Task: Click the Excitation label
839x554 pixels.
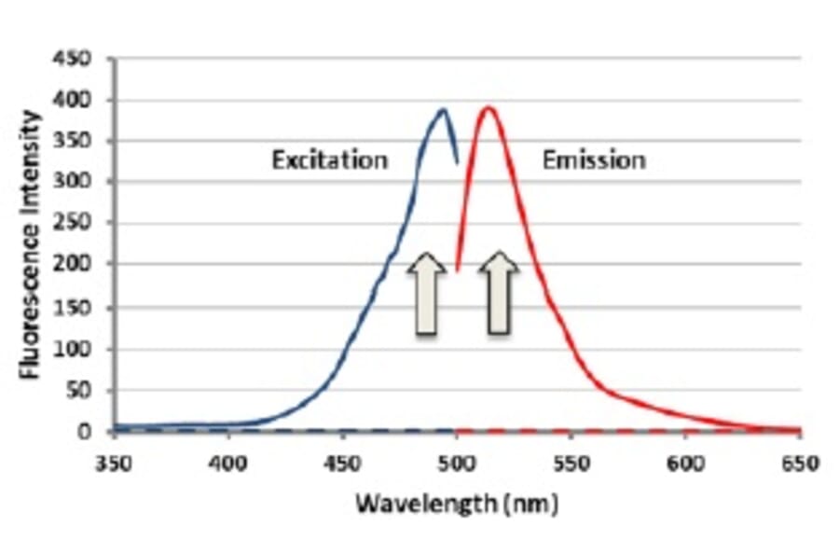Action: tap(329, 159)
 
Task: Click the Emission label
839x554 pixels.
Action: tap(594, 159)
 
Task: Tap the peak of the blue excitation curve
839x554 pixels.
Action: tap(443, 110)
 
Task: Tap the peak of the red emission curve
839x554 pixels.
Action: tap(487, 107)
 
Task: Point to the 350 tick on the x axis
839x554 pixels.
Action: tap(113, 462)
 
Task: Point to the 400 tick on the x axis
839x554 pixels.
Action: tap(227, 462)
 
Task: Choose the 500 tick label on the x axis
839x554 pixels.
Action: tap(457, 462)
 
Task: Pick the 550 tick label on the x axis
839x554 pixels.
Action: tap(571, 462)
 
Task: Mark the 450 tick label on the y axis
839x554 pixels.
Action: tap(77, 59)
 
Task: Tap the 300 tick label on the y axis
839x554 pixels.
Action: tap(77, 183)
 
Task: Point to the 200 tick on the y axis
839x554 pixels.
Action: tap(77, 266)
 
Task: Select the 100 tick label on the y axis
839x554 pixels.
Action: tap(77, 349)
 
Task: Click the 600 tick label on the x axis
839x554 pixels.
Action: tap(686, 462)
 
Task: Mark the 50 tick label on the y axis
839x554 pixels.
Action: tap(82, 390)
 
